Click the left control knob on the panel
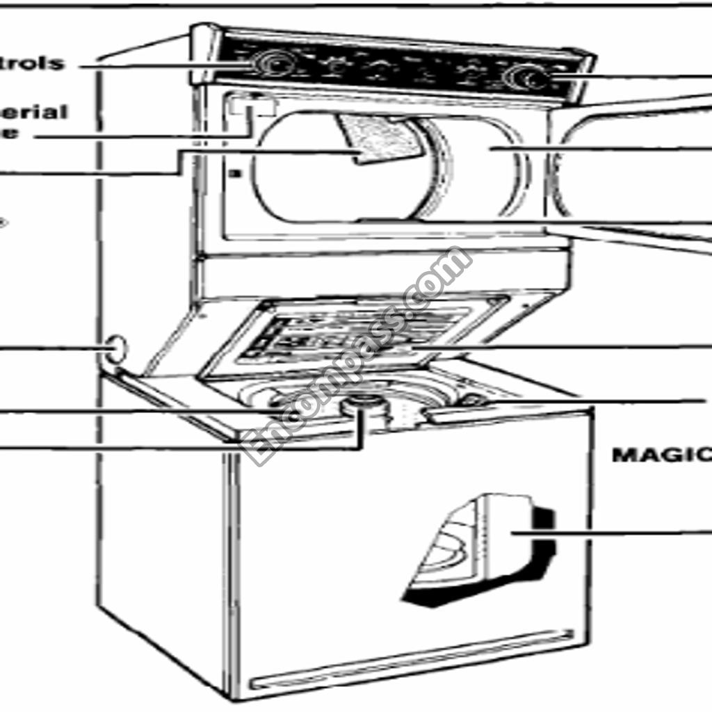(273, 64)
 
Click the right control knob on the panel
(522, 77)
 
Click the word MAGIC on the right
(661, 455)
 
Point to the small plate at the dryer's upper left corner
(248, 104)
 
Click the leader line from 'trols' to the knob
(160, 66)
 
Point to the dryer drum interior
(480, 167)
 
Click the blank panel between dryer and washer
(382, 275)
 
